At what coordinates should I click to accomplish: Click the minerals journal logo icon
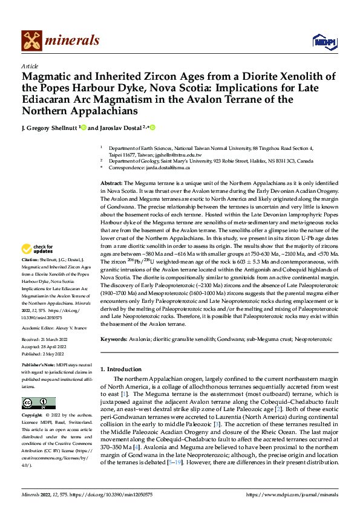click(31, 41)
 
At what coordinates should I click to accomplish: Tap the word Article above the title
click(30, 66)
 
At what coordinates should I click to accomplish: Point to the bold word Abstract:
click(111, 182)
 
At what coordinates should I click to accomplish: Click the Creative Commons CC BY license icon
click(38, 403)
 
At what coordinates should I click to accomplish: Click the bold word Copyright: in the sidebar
click(33, 417)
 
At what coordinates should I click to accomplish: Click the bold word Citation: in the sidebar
click(31, 276)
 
